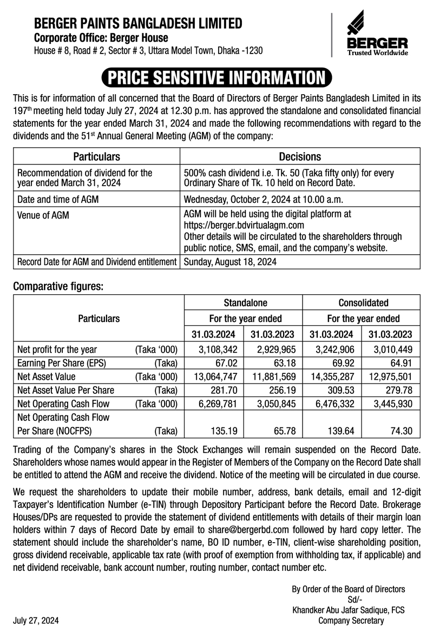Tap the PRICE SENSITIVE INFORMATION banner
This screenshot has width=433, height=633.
tap(216, 78)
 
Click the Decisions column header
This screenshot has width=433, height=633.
tap(299, 156)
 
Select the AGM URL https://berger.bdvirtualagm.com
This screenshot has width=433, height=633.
tap(244, 225)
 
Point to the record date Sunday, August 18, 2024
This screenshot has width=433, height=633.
tap(231, 262)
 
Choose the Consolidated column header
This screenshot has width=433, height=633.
tap(361, 303)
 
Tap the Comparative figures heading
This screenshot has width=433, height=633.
tap(58, 286)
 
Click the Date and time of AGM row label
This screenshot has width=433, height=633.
tap(58, 199)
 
